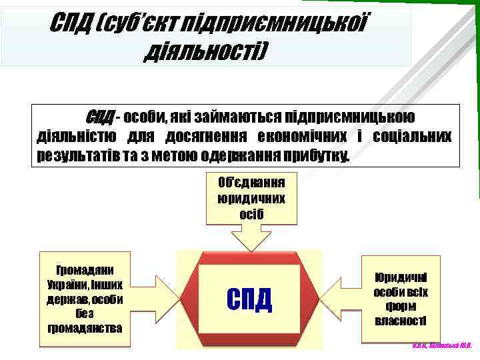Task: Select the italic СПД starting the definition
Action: (100, 117)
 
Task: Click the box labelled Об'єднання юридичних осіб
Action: (251, 198)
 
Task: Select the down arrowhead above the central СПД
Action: (251, 240)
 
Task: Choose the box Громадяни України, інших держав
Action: (85, 299)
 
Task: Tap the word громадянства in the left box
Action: (85, 328)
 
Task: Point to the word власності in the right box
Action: (401, 321)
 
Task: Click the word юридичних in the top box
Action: (251, 199)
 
